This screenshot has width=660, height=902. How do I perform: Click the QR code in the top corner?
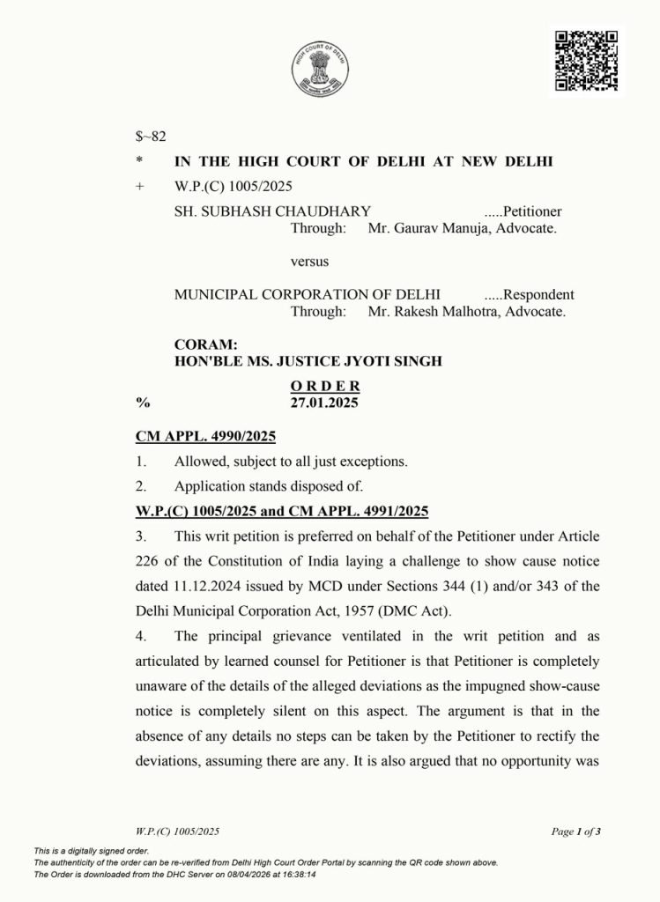587,59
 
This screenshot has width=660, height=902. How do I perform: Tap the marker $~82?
151,137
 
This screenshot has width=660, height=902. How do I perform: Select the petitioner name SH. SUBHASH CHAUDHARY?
272,211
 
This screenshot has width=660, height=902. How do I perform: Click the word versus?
310,262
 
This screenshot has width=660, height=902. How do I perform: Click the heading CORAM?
201,345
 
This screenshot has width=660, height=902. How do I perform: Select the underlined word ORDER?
325,386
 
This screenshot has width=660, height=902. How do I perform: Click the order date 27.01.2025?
325,402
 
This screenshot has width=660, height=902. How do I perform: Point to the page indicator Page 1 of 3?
576,831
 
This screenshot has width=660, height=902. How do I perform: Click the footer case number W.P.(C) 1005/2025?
178,831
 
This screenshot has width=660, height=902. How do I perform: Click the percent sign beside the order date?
141,402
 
